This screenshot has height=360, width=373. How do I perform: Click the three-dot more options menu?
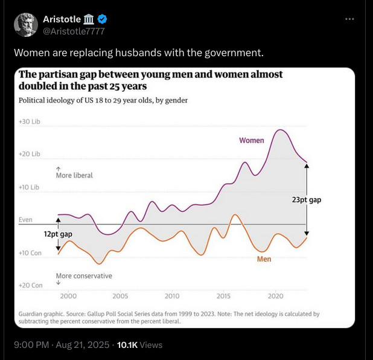(x=349, y=19)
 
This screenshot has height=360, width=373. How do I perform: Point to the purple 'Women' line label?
(x=252, y=140)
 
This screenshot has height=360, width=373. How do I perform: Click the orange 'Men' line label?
(x=264, y=259)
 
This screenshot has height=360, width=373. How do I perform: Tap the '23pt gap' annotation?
(x=306, y=200)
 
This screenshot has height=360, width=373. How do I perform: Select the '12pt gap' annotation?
(x=58, y=234)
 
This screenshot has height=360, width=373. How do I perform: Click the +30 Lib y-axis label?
(x=30, y=121)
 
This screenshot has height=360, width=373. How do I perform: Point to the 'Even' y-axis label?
(x=25, y=220)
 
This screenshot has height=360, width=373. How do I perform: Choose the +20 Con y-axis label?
(x=30, y=285)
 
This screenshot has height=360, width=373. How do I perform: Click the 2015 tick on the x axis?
(x=224, y=297)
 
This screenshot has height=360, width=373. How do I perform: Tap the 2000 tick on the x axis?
(x=68, y=297)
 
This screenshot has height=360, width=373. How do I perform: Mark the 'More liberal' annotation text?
(x=74, y=175)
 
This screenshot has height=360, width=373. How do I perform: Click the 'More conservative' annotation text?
(x=84, y=276)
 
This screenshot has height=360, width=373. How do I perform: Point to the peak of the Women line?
(x=279, y=130)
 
